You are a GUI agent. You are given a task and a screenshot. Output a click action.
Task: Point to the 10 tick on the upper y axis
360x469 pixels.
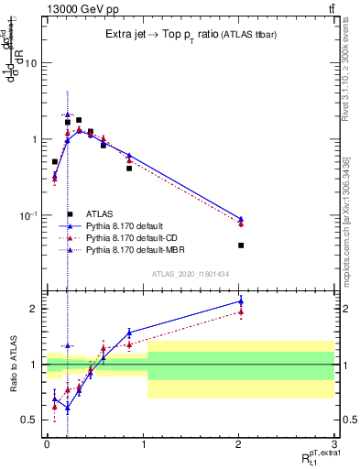[30, 63]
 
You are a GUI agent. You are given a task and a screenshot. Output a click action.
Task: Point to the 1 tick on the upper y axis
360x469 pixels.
[33, 139]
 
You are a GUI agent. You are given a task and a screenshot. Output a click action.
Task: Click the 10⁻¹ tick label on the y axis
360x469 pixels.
[27, 215]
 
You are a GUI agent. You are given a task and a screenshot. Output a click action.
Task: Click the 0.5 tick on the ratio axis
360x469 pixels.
[28, 420]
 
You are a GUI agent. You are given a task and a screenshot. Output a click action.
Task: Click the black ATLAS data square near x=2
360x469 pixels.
[241, 245]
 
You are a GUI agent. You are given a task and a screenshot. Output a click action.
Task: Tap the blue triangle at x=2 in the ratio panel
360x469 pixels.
[241, 300]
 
